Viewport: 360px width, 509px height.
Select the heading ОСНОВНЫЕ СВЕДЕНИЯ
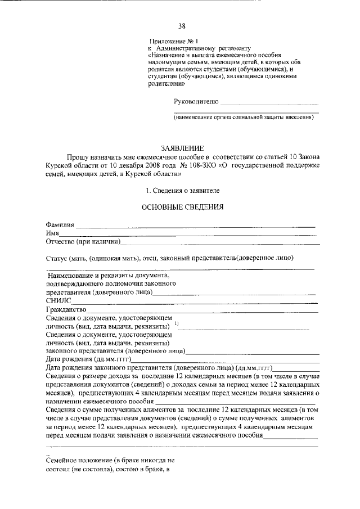182,206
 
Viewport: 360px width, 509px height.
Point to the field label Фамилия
60,225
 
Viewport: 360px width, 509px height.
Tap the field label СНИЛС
57,301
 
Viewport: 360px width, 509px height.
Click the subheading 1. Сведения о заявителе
182,190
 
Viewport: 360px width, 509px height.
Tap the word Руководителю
194,102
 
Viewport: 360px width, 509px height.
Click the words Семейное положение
79,460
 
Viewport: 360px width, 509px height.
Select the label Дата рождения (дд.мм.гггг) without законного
88,359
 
